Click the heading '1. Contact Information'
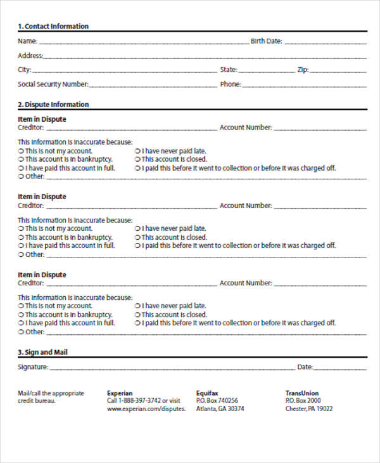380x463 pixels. click(x=53, y=26)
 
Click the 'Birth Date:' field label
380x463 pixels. click(x=266, y=41)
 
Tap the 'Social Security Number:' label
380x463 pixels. click(x=53, y=84)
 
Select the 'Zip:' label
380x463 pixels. click(x=303, y=70)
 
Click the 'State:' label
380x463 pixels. click(x=228, y=70)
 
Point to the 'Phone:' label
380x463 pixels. click(x=230, y=84)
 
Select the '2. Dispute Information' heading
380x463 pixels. click(x=53, y=104)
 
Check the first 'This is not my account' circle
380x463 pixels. click(x=21, y=151)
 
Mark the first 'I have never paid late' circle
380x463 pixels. click(x=138, y=151)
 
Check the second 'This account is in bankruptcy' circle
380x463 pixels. click(x=21, y=237)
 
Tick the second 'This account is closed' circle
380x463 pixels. click(x=138, y=237)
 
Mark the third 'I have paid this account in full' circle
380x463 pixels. click(x=21, y=323)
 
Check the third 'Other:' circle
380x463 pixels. click(x=21, y=332)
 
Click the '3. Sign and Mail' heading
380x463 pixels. click(x=42, y=352)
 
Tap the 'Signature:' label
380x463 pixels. click(x=33, y=367)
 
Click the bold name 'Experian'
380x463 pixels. click(x=120, y=393)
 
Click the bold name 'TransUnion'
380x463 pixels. click(x=302, y=393)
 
